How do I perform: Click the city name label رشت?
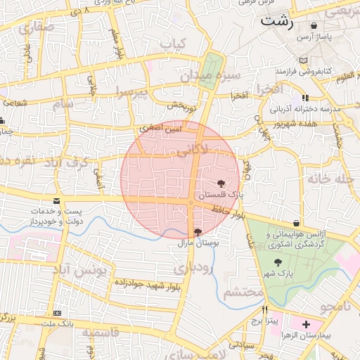(x=276, y=20)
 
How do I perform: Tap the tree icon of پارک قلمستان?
(x=222, y=183)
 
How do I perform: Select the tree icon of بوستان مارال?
(x=198, y=231)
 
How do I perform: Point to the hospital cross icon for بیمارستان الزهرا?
(x=306, y=324)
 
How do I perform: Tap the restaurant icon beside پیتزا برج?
(x=265, y=309)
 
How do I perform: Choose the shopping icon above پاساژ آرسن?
(x=314, y=25)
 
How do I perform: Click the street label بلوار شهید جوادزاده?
(x=150, y=283)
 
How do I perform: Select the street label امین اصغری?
(x=160, y=129)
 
